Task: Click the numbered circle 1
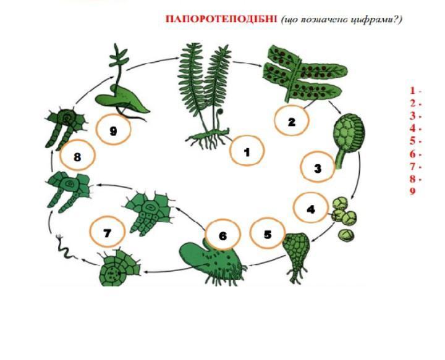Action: (247, 150)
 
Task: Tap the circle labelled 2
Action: (291, 121)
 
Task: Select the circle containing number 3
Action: (318, 167)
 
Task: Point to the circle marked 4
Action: (310, 208)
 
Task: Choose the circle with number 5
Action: (268, 233)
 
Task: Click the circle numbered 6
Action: (222, 235)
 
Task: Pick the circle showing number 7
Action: (108, 232)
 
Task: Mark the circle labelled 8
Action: (77, 156)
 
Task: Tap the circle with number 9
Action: (113, 130)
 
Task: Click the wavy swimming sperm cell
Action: (66, 247)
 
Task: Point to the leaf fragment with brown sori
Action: (303, 74)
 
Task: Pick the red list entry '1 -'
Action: (415, 91)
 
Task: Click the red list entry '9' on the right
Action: (413, 191)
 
